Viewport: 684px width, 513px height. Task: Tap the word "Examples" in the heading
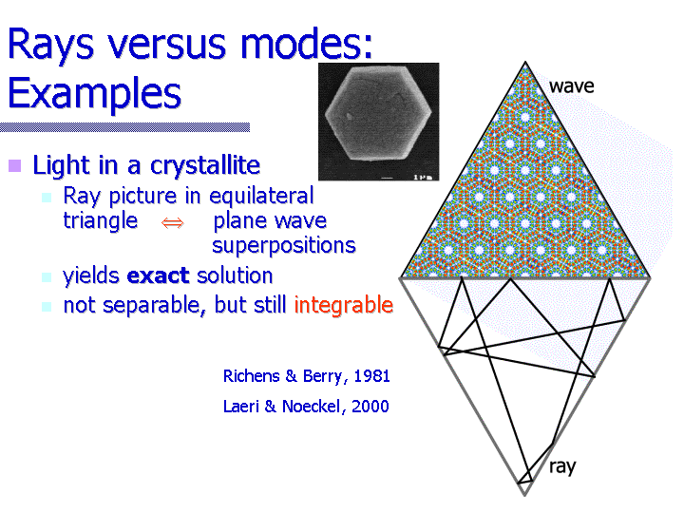[95, 94]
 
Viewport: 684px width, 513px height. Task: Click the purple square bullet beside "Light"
[15, 165]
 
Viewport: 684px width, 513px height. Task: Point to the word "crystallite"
[205, 165]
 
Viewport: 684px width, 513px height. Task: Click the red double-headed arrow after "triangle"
[173, 223]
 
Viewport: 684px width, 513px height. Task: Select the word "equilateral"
[261, 197]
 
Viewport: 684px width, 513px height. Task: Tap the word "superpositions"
[284, 246]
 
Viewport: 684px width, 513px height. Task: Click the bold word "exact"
[158, 275]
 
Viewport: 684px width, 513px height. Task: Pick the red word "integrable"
[344, 305]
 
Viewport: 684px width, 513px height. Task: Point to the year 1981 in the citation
[371, 376]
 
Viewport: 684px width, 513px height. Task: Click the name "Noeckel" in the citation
[311, 407]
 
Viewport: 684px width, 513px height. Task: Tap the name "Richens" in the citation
[251, 376]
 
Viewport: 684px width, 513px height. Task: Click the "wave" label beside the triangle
[572, 86]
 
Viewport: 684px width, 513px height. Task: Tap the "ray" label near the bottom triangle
[562, 467]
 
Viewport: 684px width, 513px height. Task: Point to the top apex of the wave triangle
[525, 63]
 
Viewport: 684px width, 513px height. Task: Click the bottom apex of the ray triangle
[524, 495]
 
